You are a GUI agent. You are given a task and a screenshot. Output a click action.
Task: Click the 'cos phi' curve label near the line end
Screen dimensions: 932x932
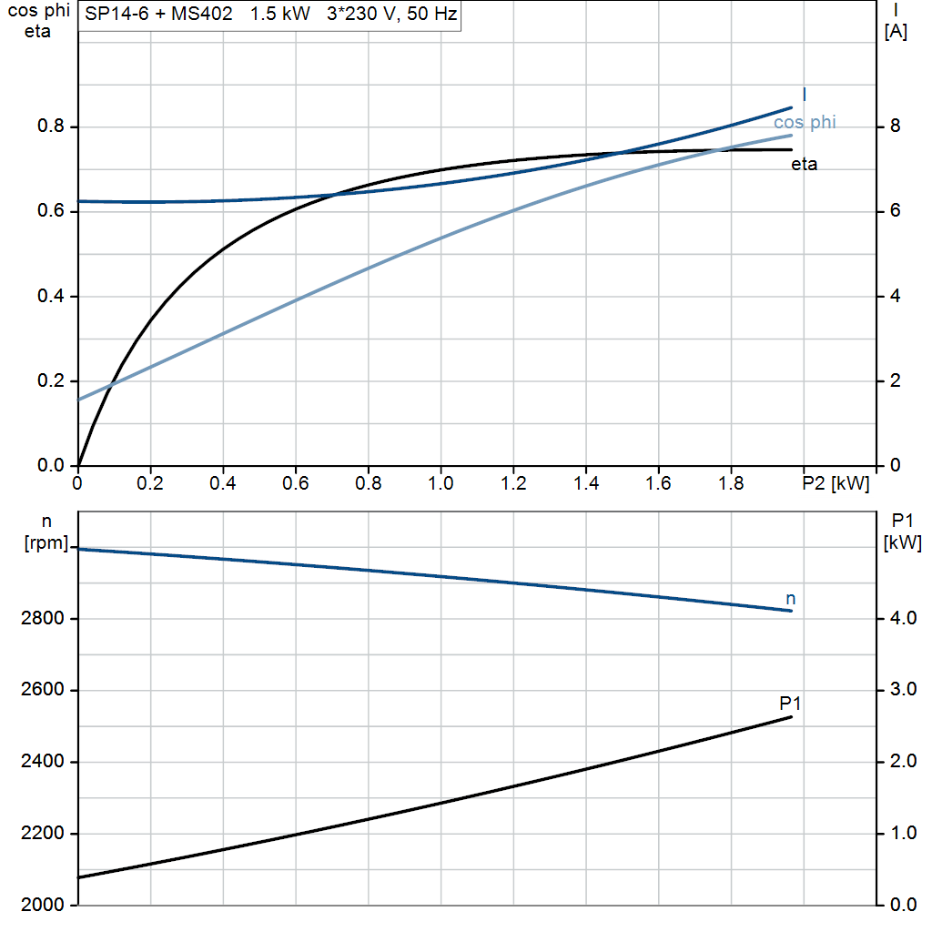805,122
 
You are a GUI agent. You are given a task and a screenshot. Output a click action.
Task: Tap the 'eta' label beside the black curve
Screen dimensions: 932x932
804,165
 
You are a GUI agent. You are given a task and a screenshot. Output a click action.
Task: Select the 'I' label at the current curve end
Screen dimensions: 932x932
805,94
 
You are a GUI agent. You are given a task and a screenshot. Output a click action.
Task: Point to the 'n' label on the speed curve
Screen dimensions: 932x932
790,598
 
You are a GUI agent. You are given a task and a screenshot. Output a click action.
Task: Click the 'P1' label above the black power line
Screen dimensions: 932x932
790,704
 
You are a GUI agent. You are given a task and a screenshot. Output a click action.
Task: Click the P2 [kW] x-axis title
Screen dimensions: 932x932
836,482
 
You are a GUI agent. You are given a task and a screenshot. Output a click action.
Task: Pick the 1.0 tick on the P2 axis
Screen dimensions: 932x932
441,482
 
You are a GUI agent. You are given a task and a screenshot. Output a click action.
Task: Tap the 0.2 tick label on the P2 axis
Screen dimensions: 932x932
150,482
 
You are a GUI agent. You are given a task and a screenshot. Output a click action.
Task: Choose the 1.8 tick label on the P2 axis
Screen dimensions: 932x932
731,482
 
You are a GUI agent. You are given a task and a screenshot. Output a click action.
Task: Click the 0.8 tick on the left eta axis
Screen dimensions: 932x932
49,127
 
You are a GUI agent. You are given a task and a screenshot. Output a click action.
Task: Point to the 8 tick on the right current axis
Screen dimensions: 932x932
894,127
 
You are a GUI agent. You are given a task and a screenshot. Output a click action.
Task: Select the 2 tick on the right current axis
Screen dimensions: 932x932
894,381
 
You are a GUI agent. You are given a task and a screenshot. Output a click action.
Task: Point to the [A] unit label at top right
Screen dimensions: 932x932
896,32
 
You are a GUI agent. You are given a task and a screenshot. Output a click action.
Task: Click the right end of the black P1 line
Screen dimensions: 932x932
791,717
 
